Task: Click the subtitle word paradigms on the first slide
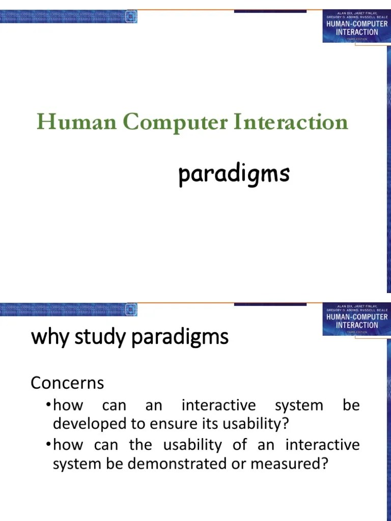[234, 175]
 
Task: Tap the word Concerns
[67, 383]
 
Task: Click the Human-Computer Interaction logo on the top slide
[356, 25]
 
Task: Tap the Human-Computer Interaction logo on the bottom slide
[356, 319]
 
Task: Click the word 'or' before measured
[265, 464]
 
